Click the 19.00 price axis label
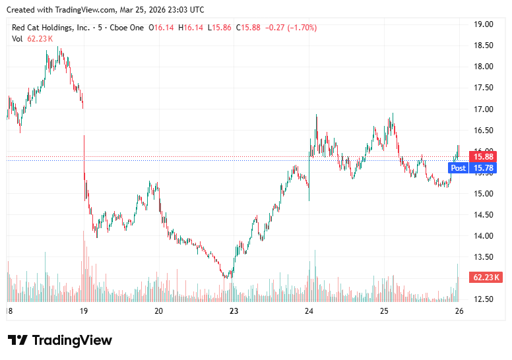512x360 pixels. [484, 24]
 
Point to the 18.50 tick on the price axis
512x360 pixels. [484, 45]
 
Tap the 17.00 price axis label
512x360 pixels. [484, 109]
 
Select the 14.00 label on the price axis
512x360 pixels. [484, 235]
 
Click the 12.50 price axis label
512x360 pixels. [484, 299]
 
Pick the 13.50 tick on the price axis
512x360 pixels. [484, 256]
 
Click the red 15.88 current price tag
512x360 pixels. [485, 156]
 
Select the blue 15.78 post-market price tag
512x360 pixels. [485, 167]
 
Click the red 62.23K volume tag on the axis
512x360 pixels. [486, 277]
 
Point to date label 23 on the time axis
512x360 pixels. [234, 311]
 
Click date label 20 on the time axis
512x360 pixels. [158, 311]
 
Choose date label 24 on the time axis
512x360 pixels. [309, 311]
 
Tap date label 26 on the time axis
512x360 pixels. [459, 311]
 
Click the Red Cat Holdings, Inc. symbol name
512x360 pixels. [51, 28]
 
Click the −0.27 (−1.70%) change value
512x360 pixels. [290, 28]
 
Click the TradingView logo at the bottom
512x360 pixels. [60, 340]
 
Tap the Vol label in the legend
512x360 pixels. [17, 39]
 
